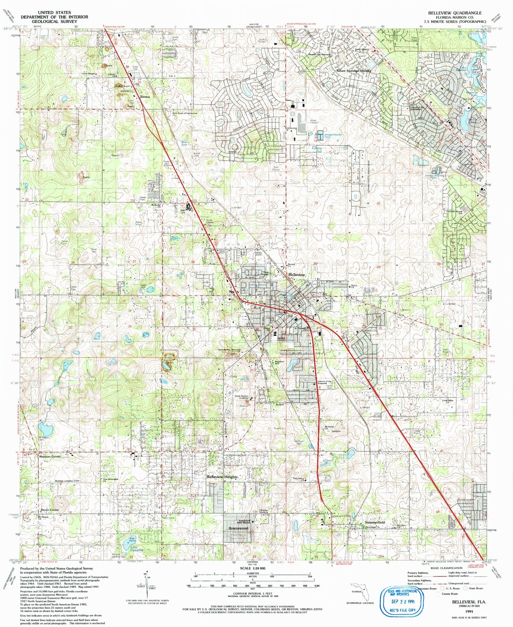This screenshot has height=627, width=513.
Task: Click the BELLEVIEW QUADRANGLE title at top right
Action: coord(454,13)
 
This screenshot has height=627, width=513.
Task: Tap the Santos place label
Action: coord(145,97)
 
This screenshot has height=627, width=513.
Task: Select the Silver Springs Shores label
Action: coord(353,71)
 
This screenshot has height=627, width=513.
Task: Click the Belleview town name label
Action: coord(296,275)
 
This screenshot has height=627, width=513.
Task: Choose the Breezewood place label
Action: coord(238,528)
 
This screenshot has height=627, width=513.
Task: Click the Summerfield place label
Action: coord(375,523)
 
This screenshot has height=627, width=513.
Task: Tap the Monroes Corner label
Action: coord(50,456)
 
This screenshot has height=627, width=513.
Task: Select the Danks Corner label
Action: coord(50,510)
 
